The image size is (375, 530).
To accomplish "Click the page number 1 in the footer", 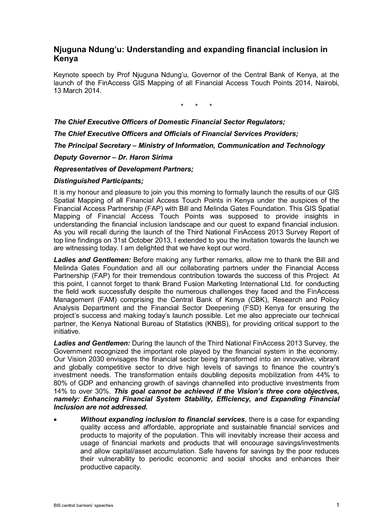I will pyautogui.click(x=338, y=505).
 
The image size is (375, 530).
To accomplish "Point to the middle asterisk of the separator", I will pyautogui.click(x=196, y=106).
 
